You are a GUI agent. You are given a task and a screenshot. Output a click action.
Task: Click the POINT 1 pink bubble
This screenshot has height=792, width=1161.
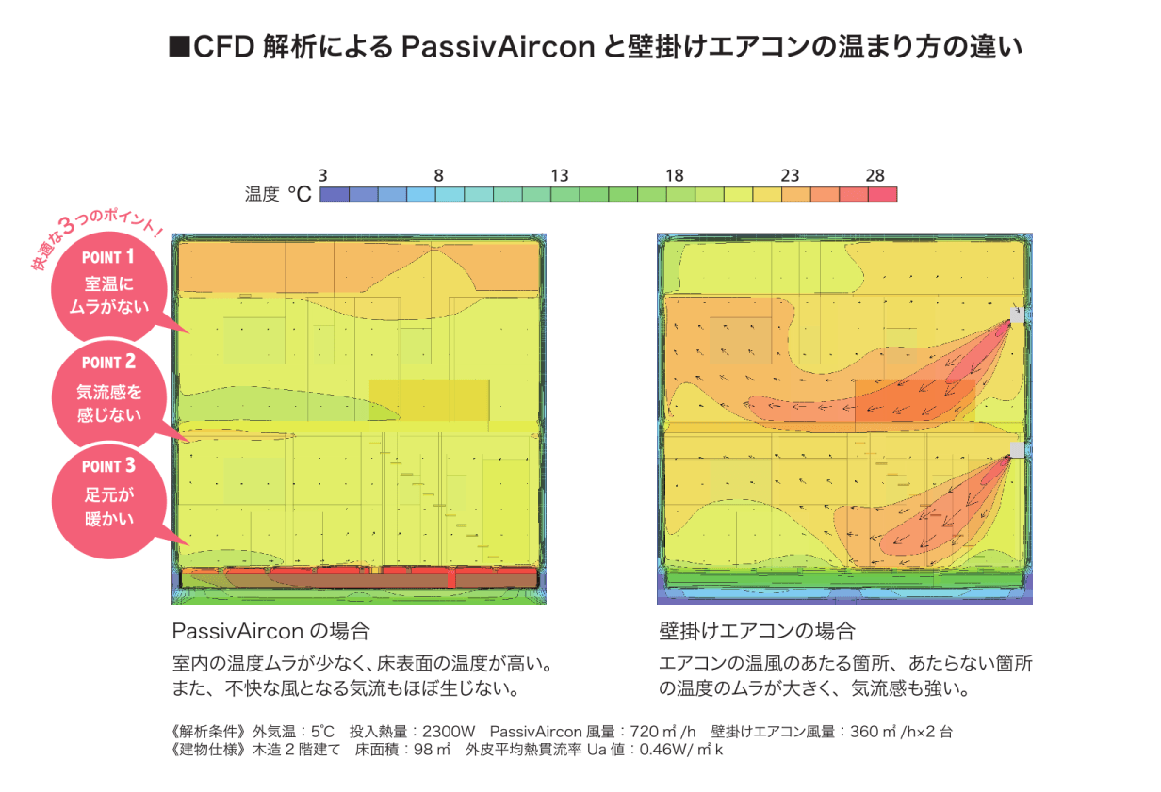[x=109, y=286]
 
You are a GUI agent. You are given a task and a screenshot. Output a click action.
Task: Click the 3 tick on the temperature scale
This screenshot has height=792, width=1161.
[x=323, y=176]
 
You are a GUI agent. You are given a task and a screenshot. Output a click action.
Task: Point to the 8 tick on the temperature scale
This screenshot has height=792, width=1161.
[x=438, y=176]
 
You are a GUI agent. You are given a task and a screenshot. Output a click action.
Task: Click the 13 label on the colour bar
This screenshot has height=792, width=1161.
[x=560, y=176]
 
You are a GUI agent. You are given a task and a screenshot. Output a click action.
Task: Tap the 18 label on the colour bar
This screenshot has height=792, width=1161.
[x=675, y=176]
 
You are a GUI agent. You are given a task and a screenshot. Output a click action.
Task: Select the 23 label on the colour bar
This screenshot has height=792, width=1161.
[x=790, y=176]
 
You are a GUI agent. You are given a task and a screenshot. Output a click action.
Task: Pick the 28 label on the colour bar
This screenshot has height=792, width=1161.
[x=875, y=176]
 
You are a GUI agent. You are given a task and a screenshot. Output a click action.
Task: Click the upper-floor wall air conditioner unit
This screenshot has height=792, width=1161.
[x=1016, y=315]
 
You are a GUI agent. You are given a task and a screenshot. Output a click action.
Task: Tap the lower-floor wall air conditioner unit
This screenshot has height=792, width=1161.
[x=1016, y=450]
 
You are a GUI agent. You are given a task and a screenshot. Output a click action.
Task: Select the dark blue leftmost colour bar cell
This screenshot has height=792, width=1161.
[x=334, y=195]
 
